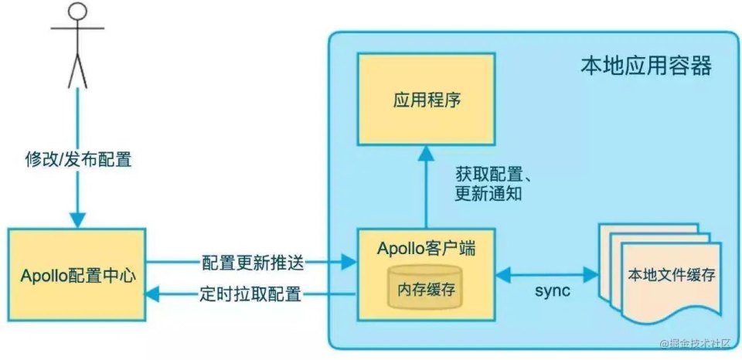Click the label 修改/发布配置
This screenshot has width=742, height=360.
click(77, 160)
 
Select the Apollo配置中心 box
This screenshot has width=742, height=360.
click(77, 273)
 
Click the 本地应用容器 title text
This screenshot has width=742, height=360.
click(645, 66)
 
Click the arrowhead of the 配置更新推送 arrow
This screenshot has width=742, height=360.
click(349, 263)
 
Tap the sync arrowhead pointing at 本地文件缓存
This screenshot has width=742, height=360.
click(595, 273)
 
